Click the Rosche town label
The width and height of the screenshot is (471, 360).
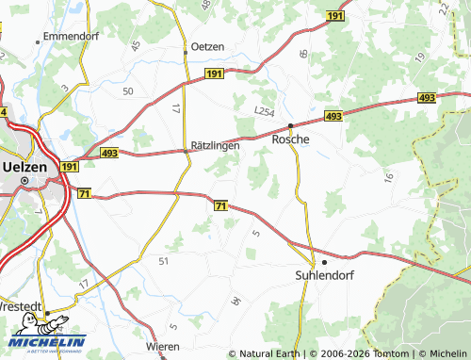tap(291, 139)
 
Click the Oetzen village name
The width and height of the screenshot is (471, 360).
tap(208, 47)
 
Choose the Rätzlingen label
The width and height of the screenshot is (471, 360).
tap(216, 146)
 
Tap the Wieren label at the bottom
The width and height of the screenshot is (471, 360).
tap(162, 347)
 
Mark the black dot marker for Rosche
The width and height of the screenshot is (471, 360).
tap(291, 125)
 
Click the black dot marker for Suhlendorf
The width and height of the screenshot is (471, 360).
tap(325, 262)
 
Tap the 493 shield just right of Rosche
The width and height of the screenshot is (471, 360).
tap(333, 115)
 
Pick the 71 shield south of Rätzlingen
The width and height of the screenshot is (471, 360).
tap(220, 205)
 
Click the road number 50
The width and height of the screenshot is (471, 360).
tap(127, 90)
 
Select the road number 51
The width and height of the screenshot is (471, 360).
tap(164, 260)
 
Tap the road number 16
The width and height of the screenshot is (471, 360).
tap(386, 176)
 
